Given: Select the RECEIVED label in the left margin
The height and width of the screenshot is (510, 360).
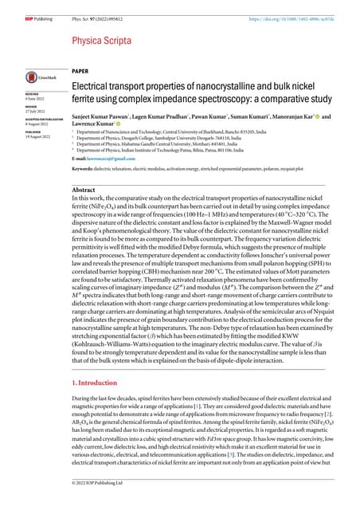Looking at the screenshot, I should tap(32, 94).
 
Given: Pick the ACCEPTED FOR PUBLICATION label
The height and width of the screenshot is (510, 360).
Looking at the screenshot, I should tap(45, 120).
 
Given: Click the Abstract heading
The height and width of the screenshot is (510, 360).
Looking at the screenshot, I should tap(84, 191).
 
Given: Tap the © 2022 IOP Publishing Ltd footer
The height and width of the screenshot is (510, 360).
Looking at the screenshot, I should tap(98, 482).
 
